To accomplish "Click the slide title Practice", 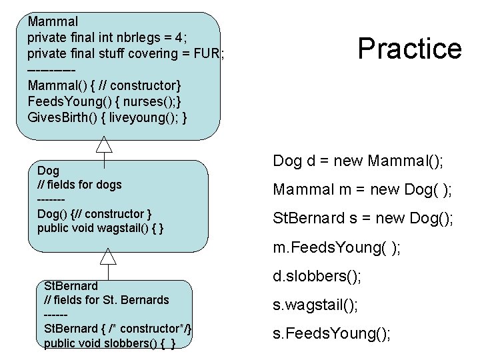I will coord(409,49).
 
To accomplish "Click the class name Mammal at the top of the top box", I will coord(53,21).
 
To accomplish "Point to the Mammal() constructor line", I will coord(103,85).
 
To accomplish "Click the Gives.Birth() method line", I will coord(107,117).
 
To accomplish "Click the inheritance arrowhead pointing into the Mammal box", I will coord(103,143).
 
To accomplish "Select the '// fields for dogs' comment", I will coord(79,184).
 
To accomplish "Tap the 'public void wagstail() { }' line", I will coord(101,228).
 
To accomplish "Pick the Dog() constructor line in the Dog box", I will coord(95,213).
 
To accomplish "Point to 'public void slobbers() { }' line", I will coord(110,343).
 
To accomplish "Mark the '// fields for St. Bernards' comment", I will coord(106,300).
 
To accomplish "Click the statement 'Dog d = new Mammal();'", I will coord(359,161).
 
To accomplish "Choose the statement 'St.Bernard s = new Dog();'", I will coord(363,219).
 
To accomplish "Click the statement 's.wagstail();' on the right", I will coord(315,305).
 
